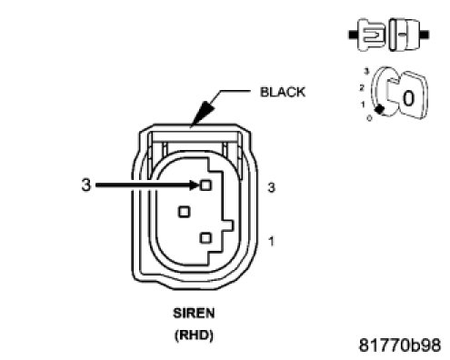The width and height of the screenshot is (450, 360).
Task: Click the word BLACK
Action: (x=283, y=92)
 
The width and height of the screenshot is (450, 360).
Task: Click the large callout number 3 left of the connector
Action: (x=86, y=185)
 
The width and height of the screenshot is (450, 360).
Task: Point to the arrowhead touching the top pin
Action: (x=195, y=185)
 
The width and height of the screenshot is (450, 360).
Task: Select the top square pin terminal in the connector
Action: (x=205, y=185)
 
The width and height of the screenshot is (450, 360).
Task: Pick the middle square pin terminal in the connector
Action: (x=184, y=212)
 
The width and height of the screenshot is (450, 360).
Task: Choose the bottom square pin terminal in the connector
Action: (x=205, y=238)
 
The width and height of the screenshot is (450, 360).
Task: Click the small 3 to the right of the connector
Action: (x=271, y=188)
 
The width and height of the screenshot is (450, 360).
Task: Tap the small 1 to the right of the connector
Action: (x=271, y=242)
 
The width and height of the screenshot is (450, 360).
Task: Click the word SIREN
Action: (x=194, y=313)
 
